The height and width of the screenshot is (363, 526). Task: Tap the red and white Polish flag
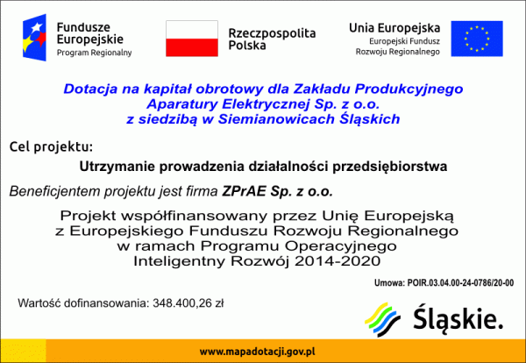(x=191, y=38)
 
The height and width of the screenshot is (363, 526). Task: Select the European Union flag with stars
(x=477, y=38)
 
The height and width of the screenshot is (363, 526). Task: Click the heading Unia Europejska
(x=394, y=27)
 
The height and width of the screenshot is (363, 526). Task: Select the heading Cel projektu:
(x=50, y=146)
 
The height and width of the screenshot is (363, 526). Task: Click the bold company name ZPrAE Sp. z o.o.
(x=290, y=190)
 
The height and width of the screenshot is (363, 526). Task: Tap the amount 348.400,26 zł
(x=188, y=303)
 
